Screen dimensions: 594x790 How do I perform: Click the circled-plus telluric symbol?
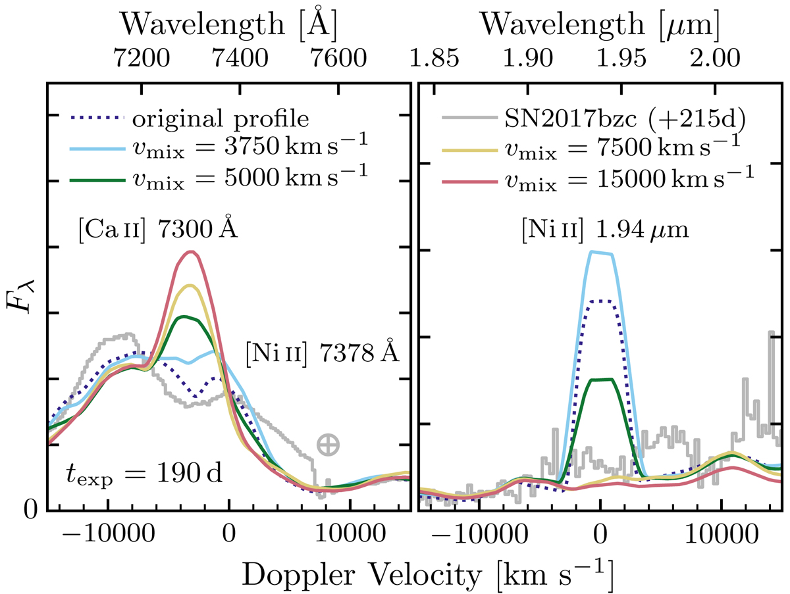(x=328, y=445)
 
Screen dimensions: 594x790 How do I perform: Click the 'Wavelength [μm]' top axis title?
(x=600, y=24)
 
